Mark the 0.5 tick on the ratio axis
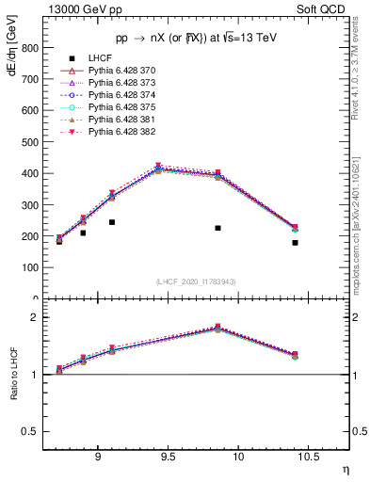pyautogui.click(x=31, y=432)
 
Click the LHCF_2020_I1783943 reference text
pyautogui.click(x=195, y=281)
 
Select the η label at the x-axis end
pyautogui.click(x=345, y=470)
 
